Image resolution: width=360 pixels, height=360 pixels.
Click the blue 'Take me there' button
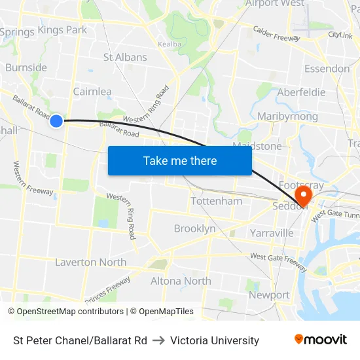tap(180, 160)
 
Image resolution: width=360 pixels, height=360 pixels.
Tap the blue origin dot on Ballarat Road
tap(56, 120)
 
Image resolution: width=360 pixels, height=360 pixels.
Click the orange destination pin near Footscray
tap(303, 195)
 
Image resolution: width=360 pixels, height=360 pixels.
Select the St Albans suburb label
tap(125, 57)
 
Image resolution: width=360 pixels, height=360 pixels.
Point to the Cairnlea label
tap(92, 92)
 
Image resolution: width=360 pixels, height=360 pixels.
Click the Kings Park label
tap(62, 29)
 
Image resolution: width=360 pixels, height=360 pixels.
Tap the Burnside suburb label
tap(26, 67)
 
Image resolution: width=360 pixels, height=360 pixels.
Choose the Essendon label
tap(327, 68)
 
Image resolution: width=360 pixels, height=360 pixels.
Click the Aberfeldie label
tap(301, 92)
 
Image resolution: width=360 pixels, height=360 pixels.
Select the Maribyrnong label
tap(287, 117)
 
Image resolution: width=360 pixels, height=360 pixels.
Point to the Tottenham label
tap(216, 201)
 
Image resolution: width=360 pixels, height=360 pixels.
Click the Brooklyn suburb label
tap(194, 228)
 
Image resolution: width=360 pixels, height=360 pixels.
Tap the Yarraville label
tap(272, 232)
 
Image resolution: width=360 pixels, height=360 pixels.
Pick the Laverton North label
tap(90, 262)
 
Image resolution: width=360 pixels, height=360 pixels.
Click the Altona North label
tap(181, 281)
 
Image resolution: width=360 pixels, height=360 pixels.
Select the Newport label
tap(269, 295)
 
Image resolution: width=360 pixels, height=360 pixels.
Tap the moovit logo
tap(321, 340)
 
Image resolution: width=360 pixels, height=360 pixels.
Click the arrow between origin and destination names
tap(158, 340)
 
